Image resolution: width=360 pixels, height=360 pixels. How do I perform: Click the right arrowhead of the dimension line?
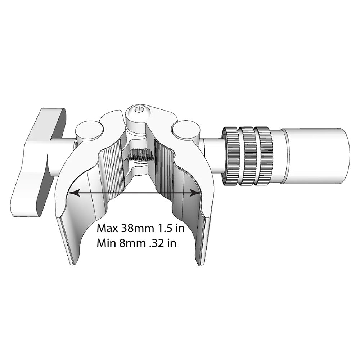coord(198,193)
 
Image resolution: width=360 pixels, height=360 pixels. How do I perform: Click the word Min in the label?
coord(105,243)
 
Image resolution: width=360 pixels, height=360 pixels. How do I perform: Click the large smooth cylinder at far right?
coord(317,156)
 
